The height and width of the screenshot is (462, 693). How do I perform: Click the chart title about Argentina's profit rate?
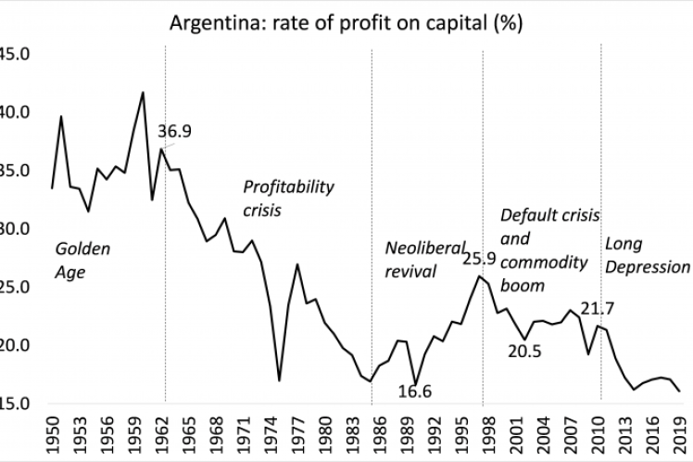pos(347,21)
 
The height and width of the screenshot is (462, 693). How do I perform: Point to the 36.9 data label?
pos(174,132)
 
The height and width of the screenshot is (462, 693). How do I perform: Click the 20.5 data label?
pos(523,350)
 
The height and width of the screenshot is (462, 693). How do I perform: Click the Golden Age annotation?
pos(82,260)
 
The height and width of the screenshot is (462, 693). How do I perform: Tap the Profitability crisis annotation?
pos(288,198)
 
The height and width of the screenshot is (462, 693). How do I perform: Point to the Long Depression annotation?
pos(648,254)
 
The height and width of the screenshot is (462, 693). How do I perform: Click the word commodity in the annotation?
pos(544,263)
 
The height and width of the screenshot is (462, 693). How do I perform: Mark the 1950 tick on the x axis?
pos(53,435)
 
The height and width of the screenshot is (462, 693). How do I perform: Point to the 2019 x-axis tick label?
pos(679,435)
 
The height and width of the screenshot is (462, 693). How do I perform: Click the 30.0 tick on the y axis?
pos(16,229)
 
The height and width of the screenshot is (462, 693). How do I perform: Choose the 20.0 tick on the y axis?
pos(16,346)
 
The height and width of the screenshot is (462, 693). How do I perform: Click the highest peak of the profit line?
pos(143,92)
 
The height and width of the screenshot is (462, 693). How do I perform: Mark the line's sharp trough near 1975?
pos(279,380)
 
